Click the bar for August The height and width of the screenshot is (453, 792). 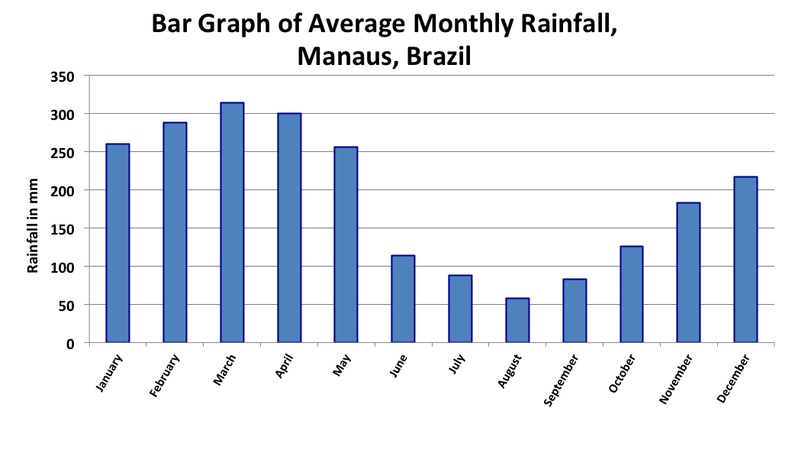coord(517,320)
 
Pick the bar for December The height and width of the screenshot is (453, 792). coord(745,259)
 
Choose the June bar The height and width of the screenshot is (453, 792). coord(403,299)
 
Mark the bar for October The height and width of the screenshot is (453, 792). coord(631,294)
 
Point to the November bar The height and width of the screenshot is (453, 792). coord(688,272)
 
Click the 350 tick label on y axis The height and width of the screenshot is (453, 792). coord(63,76)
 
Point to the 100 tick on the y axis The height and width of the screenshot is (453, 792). coord(63,267)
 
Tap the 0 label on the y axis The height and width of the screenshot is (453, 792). coord(70,343)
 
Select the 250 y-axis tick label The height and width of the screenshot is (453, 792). coord(63,153)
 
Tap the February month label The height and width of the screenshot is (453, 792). coord(166,374)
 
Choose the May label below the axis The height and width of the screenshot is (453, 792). coord(341,364)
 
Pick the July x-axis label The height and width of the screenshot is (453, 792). coord(456,365)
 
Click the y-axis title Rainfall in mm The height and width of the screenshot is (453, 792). coord(33,221)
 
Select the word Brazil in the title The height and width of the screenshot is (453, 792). coord(439,55)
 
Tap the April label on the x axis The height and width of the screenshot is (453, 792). coord(283,367)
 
